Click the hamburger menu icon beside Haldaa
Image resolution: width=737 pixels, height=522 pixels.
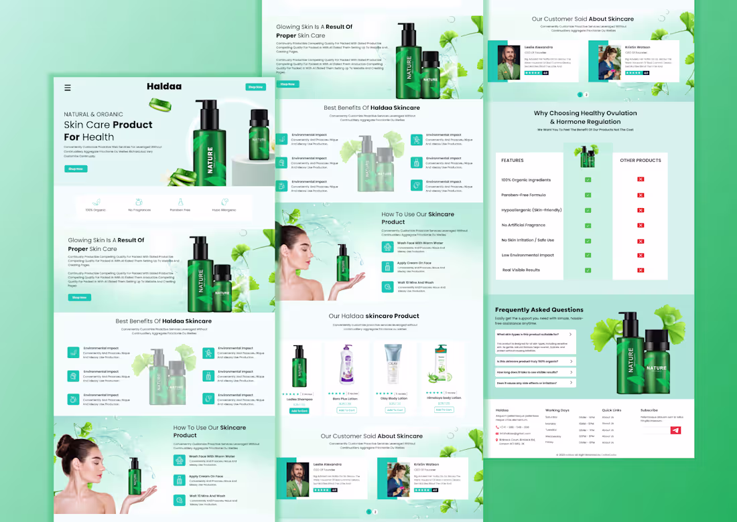(x=68, y=88)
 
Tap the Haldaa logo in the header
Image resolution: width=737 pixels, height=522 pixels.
(x=164, y=86)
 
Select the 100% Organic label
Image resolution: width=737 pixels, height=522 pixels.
(x=95, y=210)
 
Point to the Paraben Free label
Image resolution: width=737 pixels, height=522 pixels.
(x=180, y=210)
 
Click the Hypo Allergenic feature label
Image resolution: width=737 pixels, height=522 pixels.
(x=224, y=210)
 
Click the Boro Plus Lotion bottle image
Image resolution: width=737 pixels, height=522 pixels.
(x=346, y=366)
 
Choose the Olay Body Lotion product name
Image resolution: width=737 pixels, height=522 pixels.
(x=395, y=398)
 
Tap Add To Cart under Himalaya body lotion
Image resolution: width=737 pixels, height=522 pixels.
(x=444, y=410)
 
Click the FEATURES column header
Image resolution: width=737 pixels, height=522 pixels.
(x=513, y=161)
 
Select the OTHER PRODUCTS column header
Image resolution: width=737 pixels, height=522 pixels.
(x=640, y=161)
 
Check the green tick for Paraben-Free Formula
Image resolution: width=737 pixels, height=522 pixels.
(x=588, y=195)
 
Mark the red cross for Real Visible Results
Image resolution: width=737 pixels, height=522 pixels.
(x=641, y=270)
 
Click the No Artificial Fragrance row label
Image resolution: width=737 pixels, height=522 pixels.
(x=523, y=225)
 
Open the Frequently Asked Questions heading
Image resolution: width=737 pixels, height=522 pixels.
(x=539, y=310)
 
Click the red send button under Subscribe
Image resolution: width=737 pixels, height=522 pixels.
(x=675, y=430)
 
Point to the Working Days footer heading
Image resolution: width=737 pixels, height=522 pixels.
(x=557, y=410)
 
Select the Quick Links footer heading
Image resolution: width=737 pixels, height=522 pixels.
(x=612, y=410)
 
